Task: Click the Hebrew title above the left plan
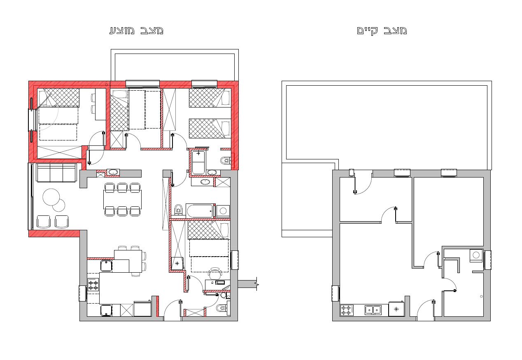point(136,30)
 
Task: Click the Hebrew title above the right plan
point(382,30)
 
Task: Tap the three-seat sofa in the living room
point(56,173)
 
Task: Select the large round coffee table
point(51,197)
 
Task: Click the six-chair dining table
point(122,200)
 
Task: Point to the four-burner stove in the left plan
point(93,285)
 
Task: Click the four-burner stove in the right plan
point(347,310)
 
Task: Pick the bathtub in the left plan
point(200,211)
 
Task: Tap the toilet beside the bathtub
point(179,209)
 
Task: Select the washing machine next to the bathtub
point(223,211)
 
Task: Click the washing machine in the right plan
point(476,255)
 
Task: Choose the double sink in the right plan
point(373,310)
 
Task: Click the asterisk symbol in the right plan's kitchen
point(396,309)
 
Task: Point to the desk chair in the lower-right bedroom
point(215,273)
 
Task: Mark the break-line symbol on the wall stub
point(257,284)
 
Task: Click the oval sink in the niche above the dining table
point(113,172)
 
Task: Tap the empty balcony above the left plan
point(175,65)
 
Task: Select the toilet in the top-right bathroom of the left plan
point(225,160)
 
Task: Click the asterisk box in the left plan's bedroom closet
point(177,264)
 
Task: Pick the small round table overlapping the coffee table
point(59,206)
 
